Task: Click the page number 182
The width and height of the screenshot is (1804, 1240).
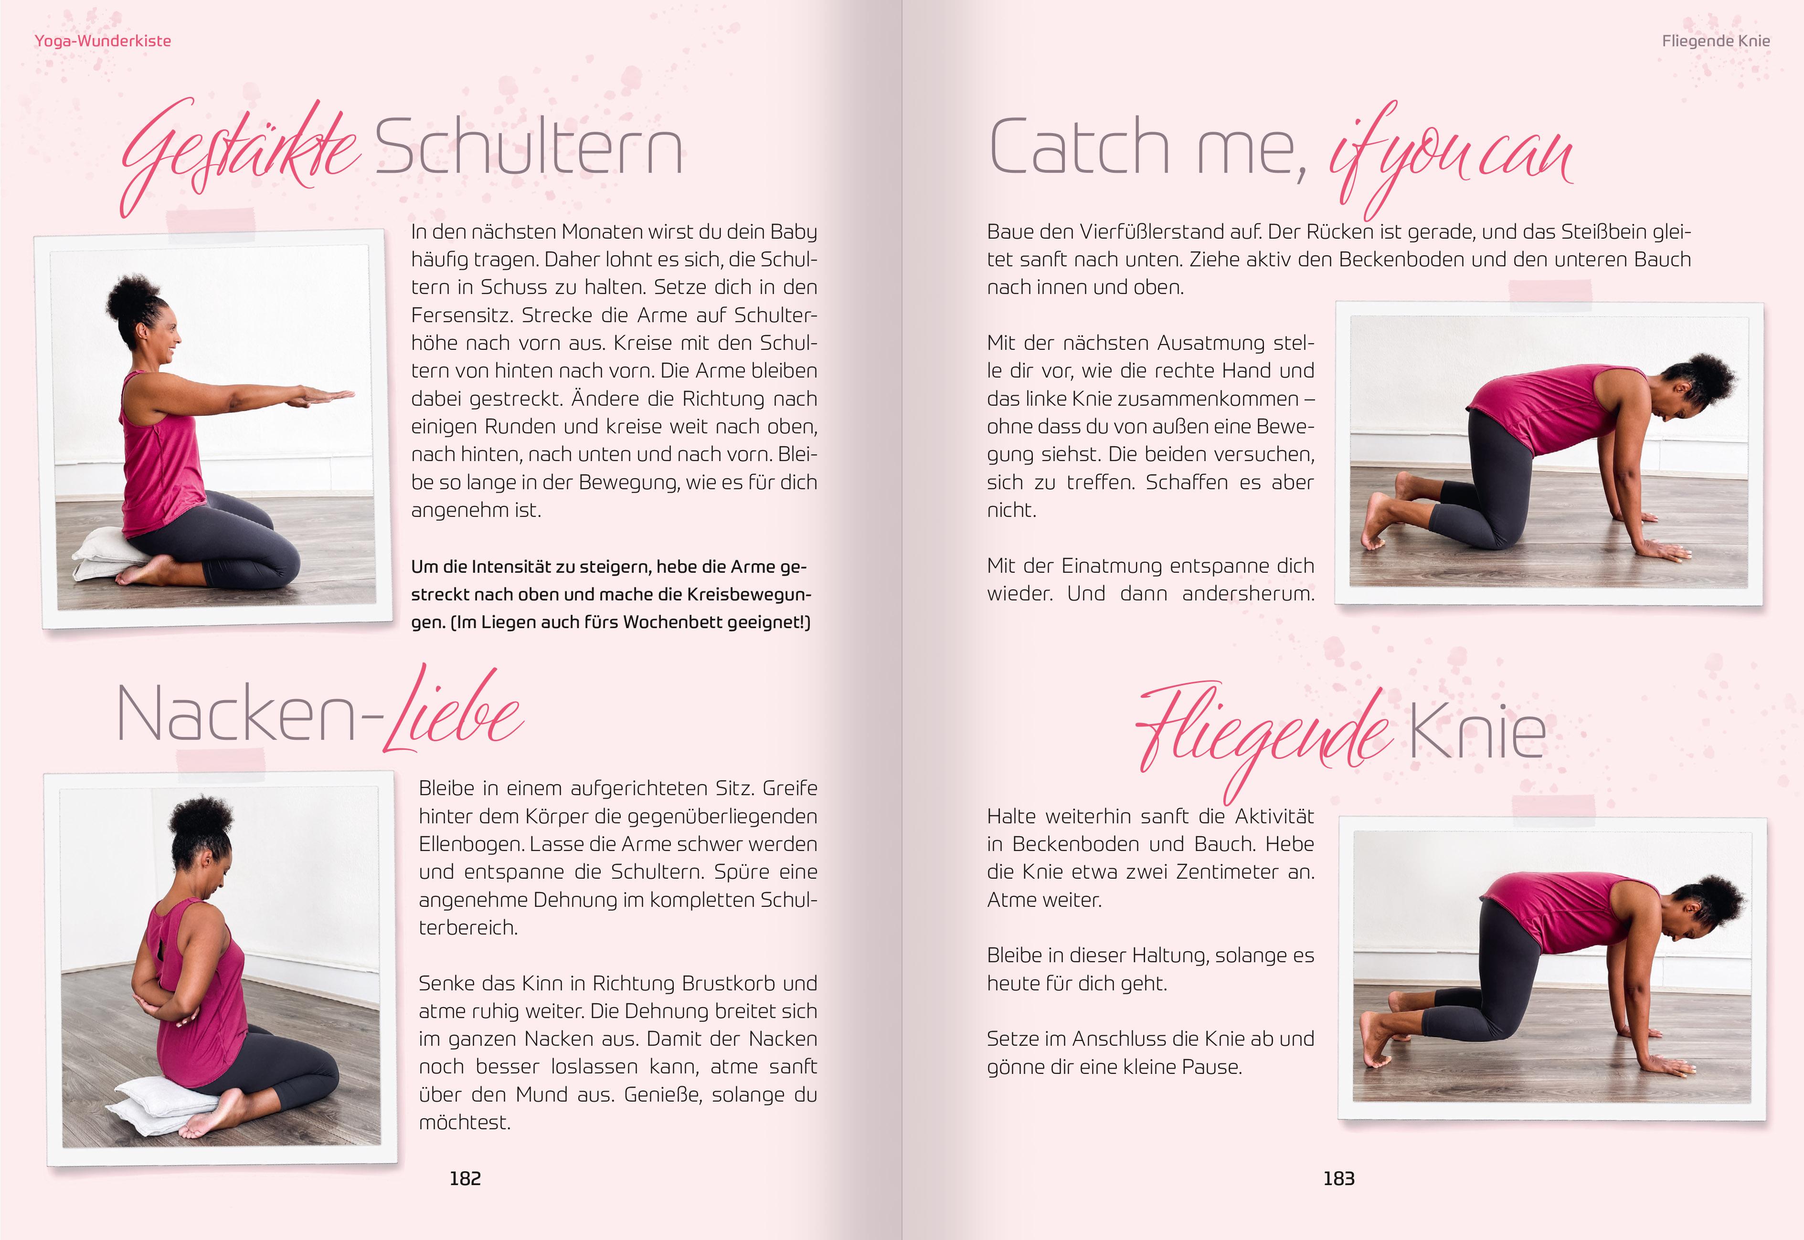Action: [465, 1178]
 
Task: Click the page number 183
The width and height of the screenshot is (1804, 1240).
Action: [1338, 1178]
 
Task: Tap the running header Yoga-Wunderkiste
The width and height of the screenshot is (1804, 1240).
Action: [103, 41]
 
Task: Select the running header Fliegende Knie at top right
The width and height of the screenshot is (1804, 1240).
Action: [1715, 41]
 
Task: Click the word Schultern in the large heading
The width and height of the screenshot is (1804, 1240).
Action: [529, 147]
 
